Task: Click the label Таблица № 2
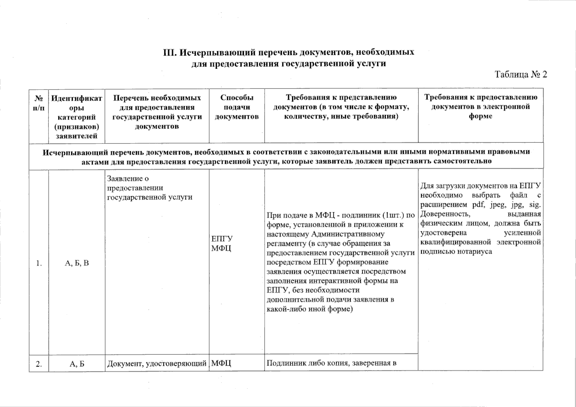(x=521, y=74)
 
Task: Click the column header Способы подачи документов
(x=237, y=107)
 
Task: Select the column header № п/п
(x=39, y=103)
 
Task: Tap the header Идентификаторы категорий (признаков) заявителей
(x=77, y=117)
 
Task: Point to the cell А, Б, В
(x=77, y=263)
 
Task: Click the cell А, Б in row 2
(x=77, y=364)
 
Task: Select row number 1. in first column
(x=39, y=263)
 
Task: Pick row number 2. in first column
(x=39, y=364)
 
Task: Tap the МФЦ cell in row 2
(x=221, y=364)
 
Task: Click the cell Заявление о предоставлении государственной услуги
(x=149, y=188)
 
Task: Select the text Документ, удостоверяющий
(x=157, y=364)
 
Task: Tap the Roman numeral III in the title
(x=169, y=53)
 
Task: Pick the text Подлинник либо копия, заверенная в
(x=332, y=364)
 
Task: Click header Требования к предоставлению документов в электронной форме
(x=480, y=106)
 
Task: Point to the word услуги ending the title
(x=372, y=63)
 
